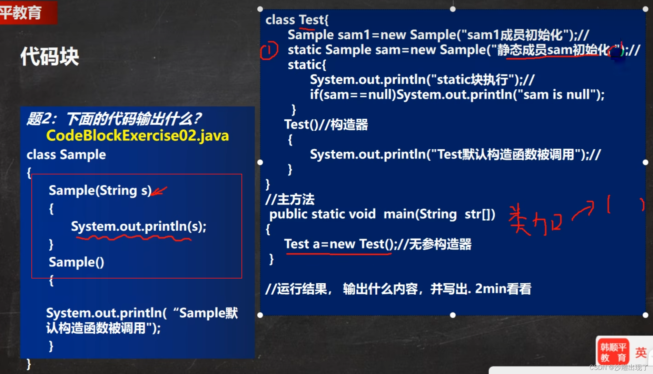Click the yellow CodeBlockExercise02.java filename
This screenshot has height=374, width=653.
(137, 135)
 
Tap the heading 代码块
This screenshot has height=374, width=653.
(50, 57)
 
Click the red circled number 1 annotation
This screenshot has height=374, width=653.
(269, 50)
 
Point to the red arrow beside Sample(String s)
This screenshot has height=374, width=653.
(159, 191)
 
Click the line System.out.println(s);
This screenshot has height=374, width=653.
(138, 226)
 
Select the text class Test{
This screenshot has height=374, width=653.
(297, 20)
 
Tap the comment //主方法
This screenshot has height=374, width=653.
(290, 199)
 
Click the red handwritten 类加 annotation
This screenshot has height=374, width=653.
(535, 221)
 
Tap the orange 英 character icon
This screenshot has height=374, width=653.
(641, 352)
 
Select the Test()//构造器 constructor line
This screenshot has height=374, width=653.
(326, 124)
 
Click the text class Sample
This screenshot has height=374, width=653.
(66, 155)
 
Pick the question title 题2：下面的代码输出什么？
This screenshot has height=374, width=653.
(114, 119)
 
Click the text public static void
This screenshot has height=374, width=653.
(322, 214)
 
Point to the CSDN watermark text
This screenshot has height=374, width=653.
(619, 367)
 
